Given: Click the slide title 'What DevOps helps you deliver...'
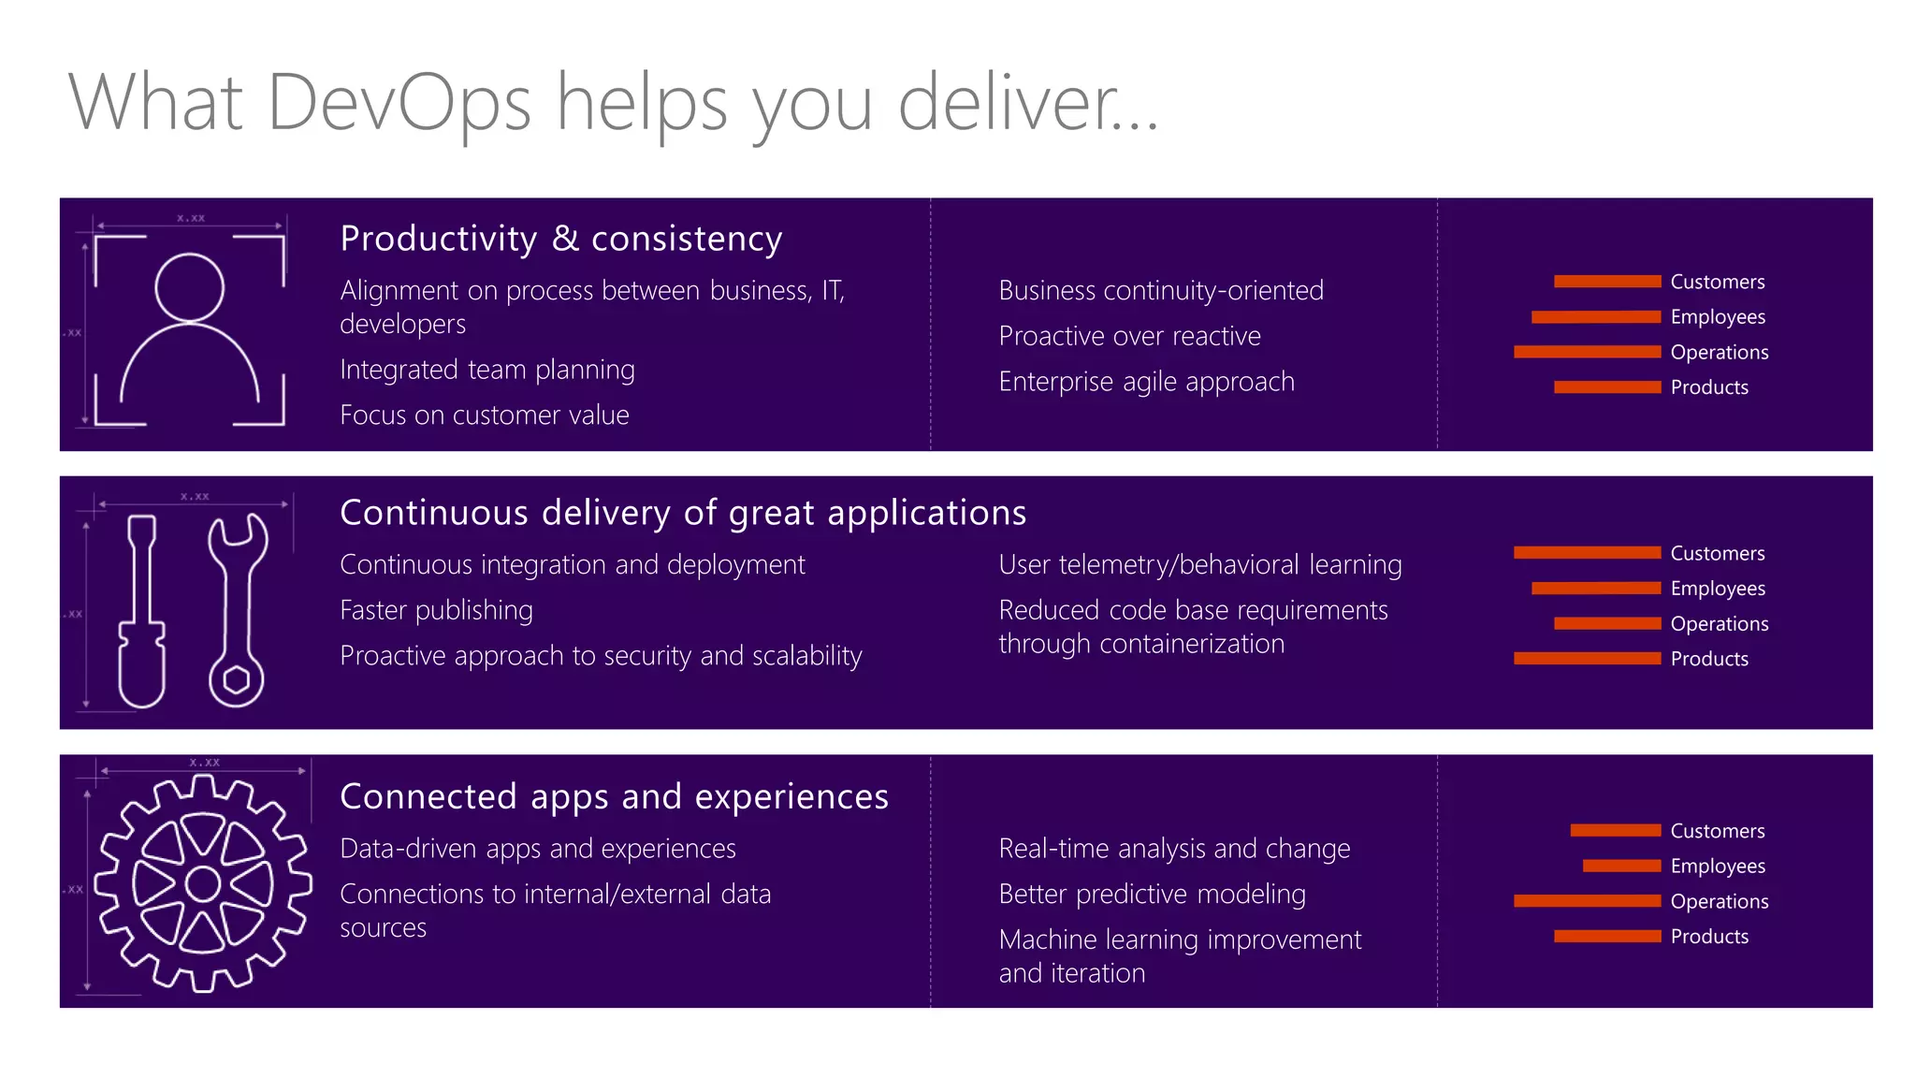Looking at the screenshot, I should (613, 103).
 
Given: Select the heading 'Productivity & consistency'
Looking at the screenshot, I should (560, 239).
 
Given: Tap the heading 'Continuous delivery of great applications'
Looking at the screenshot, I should (683, 513).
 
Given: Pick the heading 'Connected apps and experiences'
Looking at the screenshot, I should (614, 796).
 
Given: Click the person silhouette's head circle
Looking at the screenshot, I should (190, 287).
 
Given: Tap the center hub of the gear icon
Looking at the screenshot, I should (203, 883).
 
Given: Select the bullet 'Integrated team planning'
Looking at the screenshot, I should (486, 370).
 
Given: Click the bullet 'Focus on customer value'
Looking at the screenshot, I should (484, 415).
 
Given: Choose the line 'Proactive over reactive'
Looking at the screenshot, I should (1129, 336).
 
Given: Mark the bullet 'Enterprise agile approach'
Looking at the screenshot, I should (1146, 382).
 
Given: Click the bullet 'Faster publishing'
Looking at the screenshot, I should (436, 610).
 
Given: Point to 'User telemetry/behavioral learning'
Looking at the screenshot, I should (1199, 565).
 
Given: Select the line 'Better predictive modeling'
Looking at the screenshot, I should (1152, 895).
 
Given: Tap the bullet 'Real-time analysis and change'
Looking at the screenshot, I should (1174, 849).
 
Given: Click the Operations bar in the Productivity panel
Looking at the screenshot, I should (1587, 352).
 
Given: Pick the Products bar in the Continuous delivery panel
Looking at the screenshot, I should (1587, 659).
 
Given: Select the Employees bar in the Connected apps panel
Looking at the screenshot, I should (1621, 866).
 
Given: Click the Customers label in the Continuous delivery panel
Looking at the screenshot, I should (1717, 553).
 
